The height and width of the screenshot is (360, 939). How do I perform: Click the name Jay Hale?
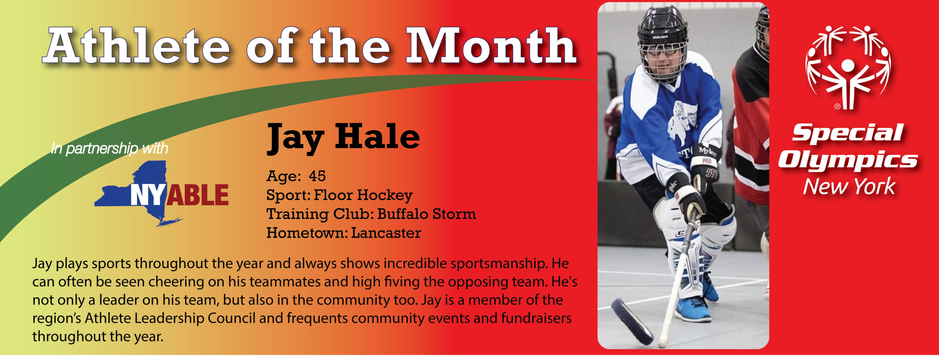point(343,138)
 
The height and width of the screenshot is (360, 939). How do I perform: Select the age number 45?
point(317,176)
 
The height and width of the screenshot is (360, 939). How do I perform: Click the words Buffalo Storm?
point(427,214)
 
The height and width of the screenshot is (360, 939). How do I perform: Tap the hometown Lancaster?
point(386,233)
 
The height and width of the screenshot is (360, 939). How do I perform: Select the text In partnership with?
point(109,149)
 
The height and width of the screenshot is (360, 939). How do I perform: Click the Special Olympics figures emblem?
point(847,68)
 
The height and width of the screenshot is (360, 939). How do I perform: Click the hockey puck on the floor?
point(632,321)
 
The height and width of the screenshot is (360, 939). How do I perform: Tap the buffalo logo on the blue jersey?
point(680,123)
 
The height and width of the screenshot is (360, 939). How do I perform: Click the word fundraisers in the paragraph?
point(536,318)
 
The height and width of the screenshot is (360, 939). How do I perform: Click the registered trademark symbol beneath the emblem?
point(837,107)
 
